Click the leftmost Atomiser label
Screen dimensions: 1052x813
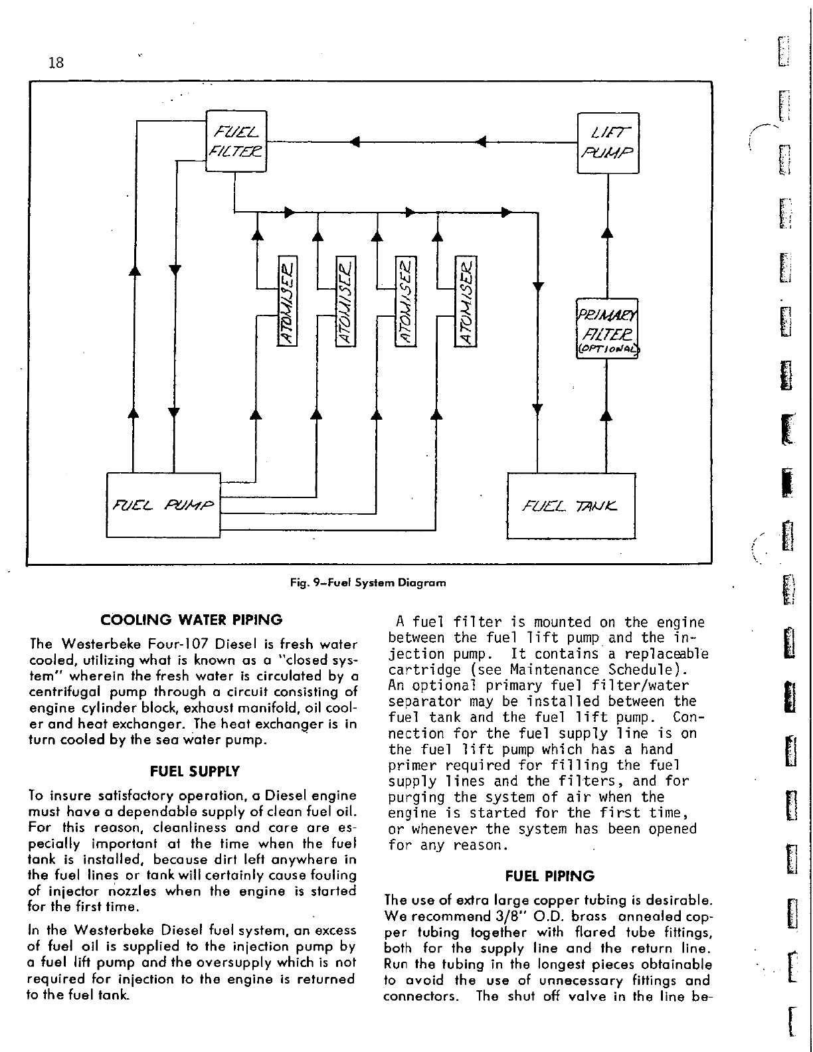288,301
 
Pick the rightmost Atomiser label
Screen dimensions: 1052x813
467,301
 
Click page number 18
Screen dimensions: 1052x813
56,62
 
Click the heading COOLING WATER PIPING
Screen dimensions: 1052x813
191,620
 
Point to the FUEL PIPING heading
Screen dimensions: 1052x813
550,876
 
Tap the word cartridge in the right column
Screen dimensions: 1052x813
416,669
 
